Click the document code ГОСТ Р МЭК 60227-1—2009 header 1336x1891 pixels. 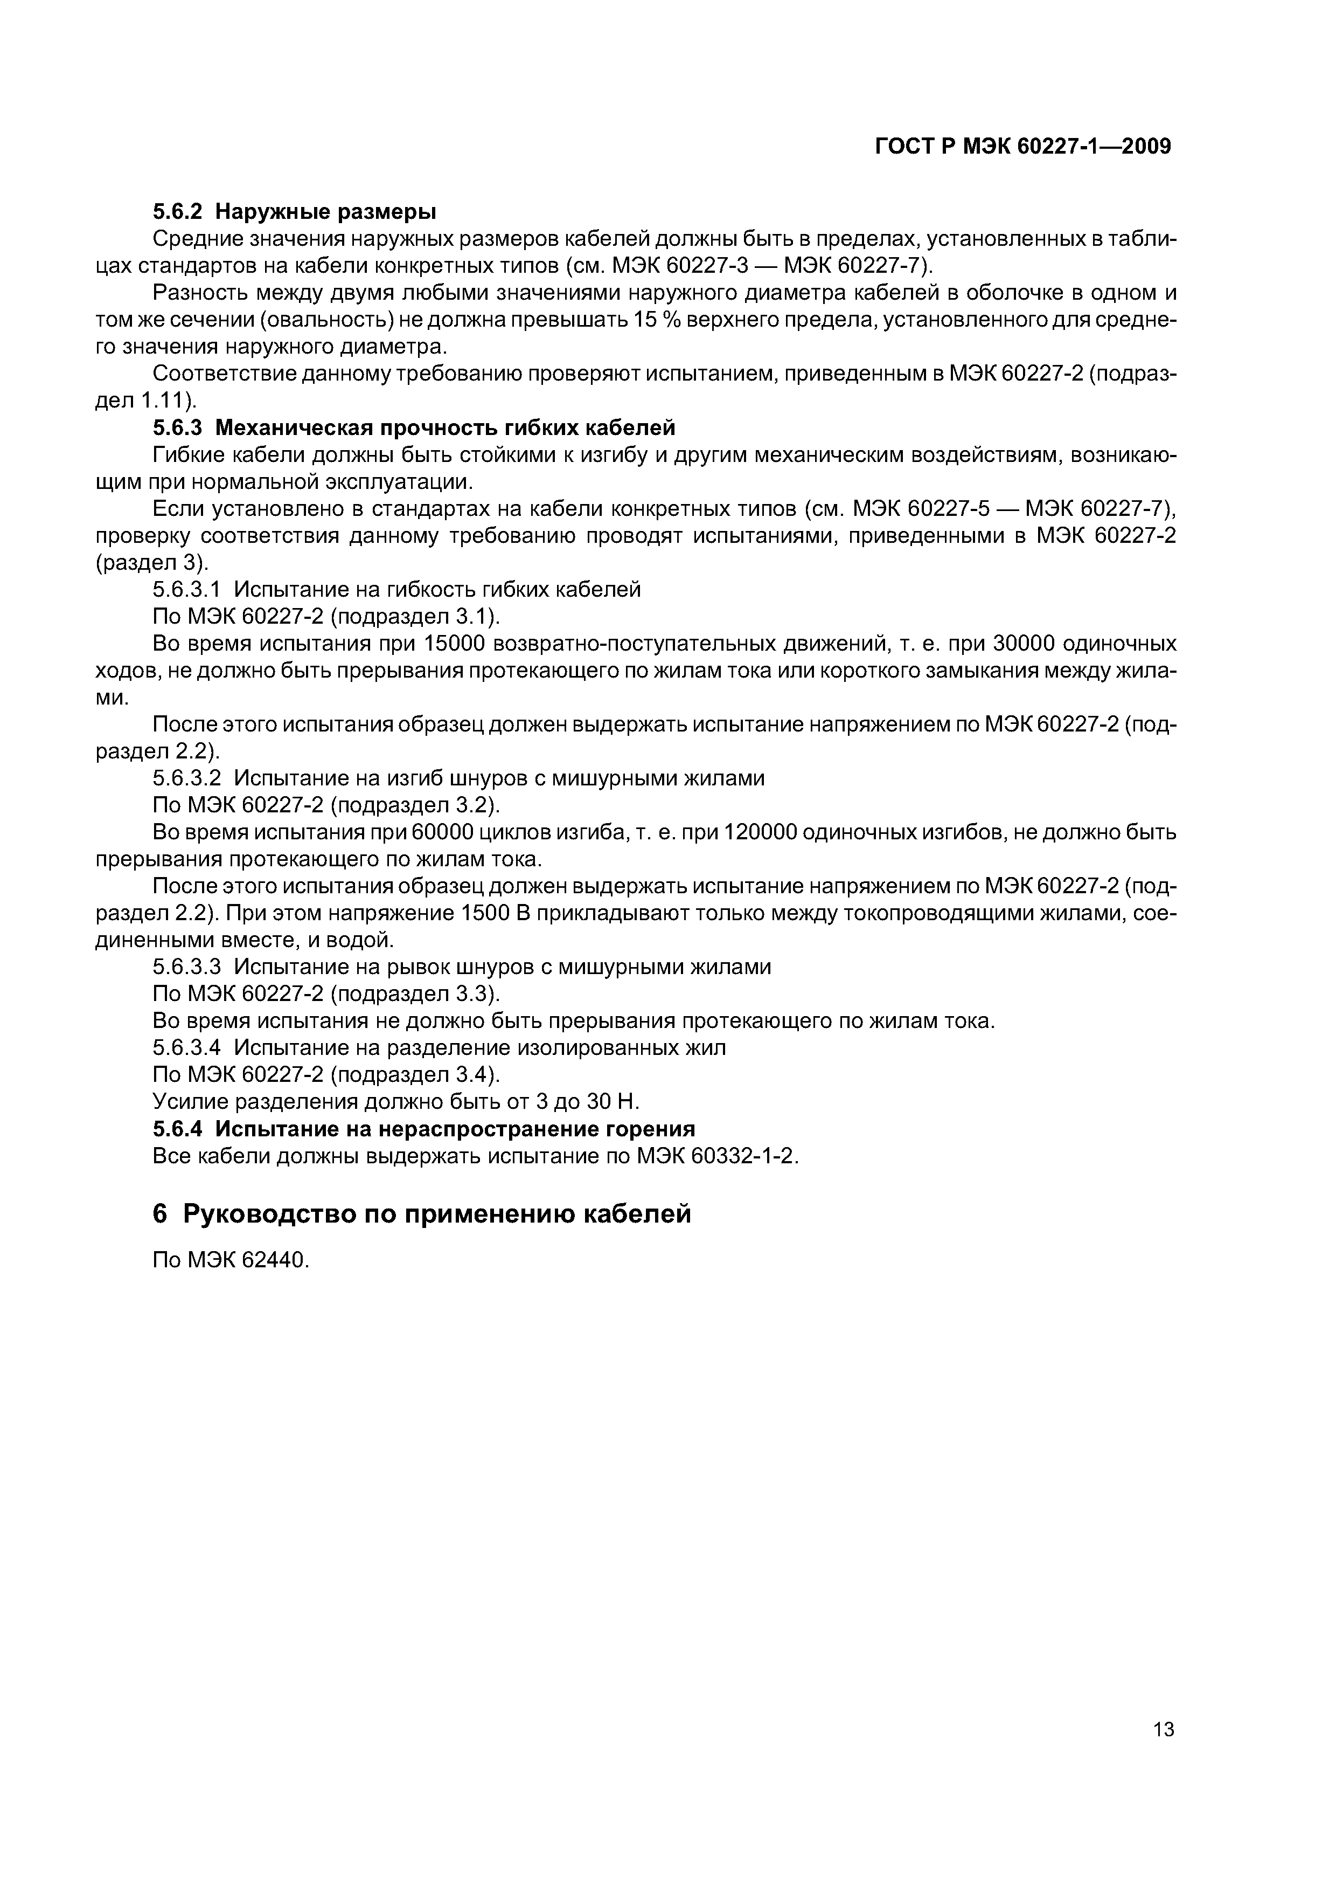click(x=1022, y=147)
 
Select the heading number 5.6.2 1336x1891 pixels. click(x=178, y=212)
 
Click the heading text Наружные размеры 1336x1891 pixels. click(x=325, y=212)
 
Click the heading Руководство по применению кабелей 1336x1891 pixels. click(x=436, y=1213)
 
